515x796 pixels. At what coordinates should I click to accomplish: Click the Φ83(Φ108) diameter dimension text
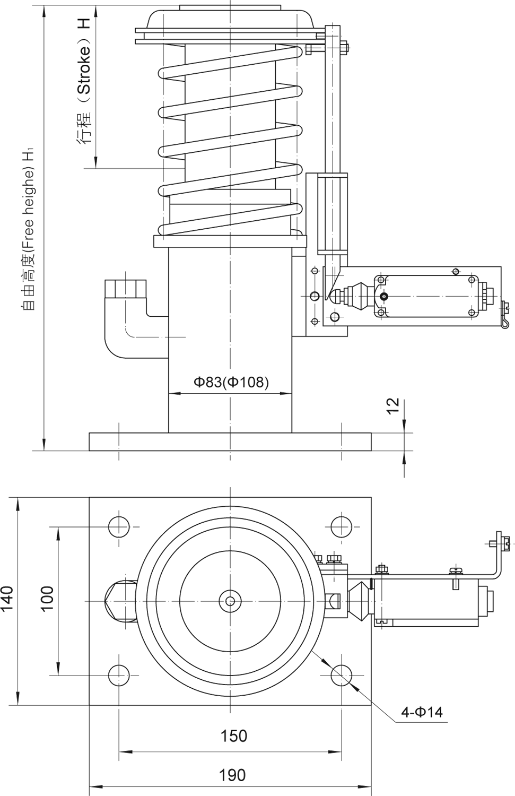point(231,382)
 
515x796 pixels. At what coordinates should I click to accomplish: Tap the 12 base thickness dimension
point(393,405)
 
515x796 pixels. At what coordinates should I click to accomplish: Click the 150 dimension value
point(233,736)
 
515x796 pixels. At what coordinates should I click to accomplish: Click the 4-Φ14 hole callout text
point(421,712)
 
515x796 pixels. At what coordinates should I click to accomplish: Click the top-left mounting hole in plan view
point(119,526)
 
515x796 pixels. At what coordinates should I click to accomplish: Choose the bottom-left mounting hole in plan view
point(119,674)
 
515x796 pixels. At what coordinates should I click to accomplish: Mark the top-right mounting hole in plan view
point(342,526)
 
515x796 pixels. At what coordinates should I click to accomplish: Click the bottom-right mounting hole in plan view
point(342,674)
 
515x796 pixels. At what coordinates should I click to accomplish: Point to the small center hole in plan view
point(230,601)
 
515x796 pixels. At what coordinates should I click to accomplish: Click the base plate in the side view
point(230,442)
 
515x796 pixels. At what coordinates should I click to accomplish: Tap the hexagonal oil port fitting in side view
point(125,289)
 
